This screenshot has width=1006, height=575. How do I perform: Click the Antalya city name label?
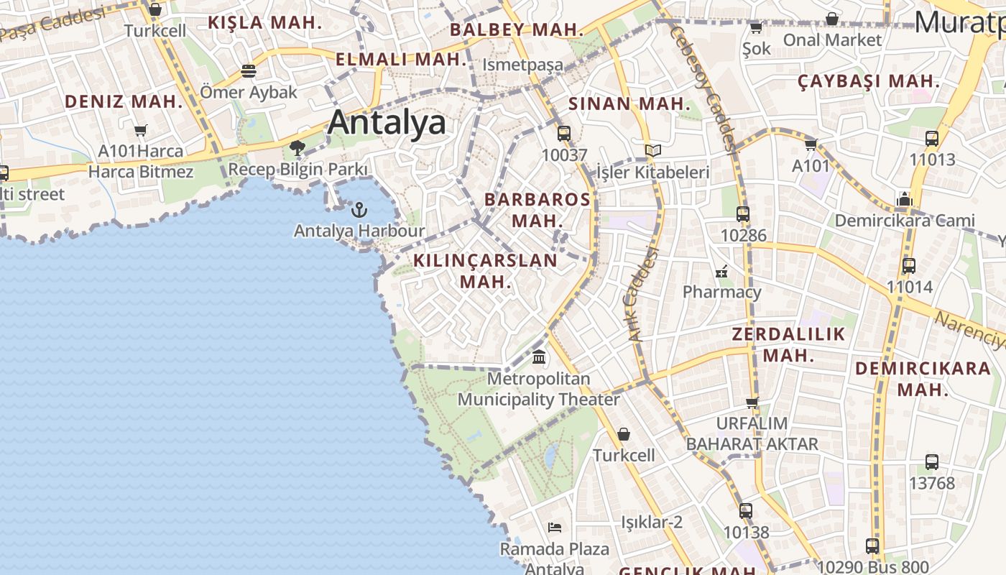click(x=387, y=123)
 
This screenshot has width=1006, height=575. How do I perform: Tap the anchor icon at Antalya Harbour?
click(x=359, y=210)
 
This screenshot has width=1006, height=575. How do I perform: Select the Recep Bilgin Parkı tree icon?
click(x=297, y=149)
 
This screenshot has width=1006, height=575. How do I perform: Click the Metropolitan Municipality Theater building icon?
click(x=539, y=356)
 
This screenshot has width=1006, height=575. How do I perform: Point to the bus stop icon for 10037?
click(x=564, y=134)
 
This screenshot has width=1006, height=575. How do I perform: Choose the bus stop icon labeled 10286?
click(x=743, y=214)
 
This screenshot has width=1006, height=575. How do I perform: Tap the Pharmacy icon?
click(x=721, y=272)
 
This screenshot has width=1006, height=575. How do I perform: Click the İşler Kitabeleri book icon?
click(x=652, y=151)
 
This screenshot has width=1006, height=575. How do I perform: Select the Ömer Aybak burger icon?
click(x=249, y=71)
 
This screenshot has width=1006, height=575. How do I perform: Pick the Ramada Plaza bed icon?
click(x=555, y=528)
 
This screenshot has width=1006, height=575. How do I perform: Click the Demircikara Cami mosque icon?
click(x=905, y=199)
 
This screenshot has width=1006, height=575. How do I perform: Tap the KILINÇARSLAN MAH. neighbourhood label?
click(x=486, y=270)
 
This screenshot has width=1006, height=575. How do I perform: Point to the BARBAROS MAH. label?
click(x=537, y=209)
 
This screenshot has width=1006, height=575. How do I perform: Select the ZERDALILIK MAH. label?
click(x=788, y=344)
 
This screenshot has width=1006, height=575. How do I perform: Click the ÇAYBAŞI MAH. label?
click(x=868, y=81)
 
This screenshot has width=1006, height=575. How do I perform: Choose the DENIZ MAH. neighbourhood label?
click(x=124, y=101)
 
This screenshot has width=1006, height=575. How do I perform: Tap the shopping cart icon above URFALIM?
click(x=752, y=402)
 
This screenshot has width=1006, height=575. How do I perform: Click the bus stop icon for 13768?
click(x=932, y=462)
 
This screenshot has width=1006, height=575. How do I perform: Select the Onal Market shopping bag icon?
click(x=832, y=19)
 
